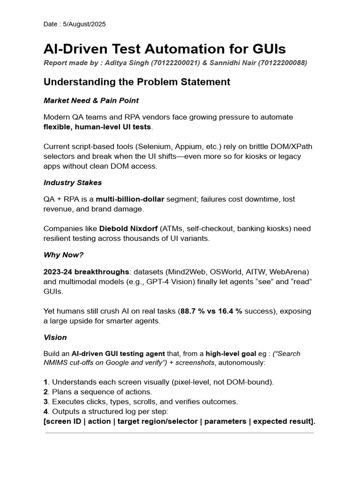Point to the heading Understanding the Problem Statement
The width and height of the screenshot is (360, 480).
click(137, 82)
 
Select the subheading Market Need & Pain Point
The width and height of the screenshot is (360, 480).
click(91, 100)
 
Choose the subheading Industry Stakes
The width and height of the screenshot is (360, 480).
click(73, 182)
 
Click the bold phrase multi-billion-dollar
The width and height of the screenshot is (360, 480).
click(130, 199)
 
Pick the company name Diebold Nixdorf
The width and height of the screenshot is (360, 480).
click(128, 229)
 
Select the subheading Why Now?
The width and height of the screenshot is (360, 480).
click(63, 255)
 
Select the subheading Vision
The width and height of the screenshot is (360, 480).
click(55, 337)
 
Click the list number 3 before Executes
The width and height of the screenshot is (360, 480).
click(45, 402)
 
